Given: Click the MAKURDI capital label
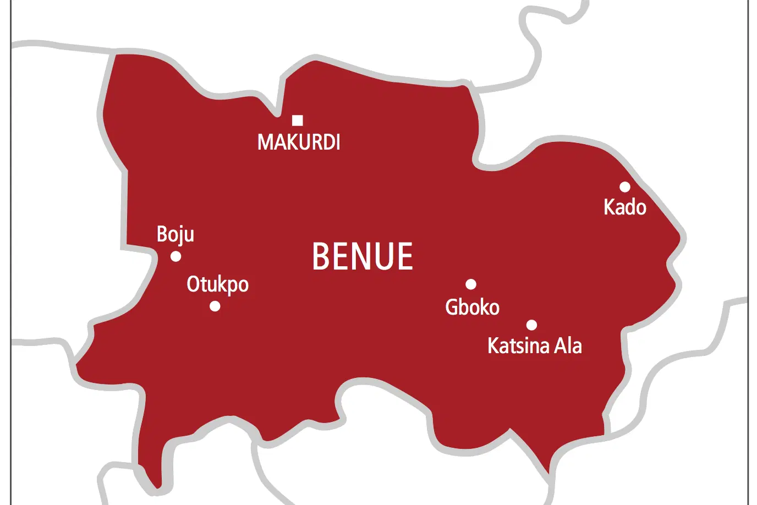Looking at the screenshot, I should click(x=299, y=142).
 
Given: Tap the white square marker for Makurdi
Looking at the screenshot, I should click(x=298, y=120).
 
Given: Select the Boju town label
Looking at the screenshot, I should click(x=175, y=234).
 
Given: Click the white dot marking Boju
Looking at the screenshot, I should click(x=176, y=256).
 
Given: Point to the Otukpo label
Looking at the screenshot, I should click(x=217, y=284).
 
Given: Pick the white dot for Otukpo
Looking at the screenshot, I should click(x=215, y=306).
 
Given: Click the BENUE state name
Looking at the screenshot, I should click(x=363, y=256).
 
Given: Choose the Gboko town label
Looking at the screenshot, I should click(x=472, y=307).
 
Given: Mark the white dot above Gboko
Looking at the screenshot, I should click(x=471, y=284).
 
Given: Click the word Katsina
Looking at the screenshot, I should click(x=518, y=345).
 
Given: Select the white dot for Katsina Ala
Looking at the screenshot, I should click(x=531, y=325).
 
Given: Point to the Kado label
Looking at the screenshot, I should click(x=624, y=207).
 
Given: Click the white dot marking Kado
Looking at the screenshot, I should click(x=625, y=187).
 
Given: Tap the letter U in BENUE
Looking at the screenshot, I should click(x=381, y=256).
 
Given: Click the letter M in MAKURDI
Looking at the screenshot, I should click(x=266, y=142).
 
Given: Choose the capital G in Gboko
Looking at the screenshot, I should click(x=452, y=307).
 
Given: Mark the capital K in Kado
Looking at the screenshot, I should click(x=609, y=207).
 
